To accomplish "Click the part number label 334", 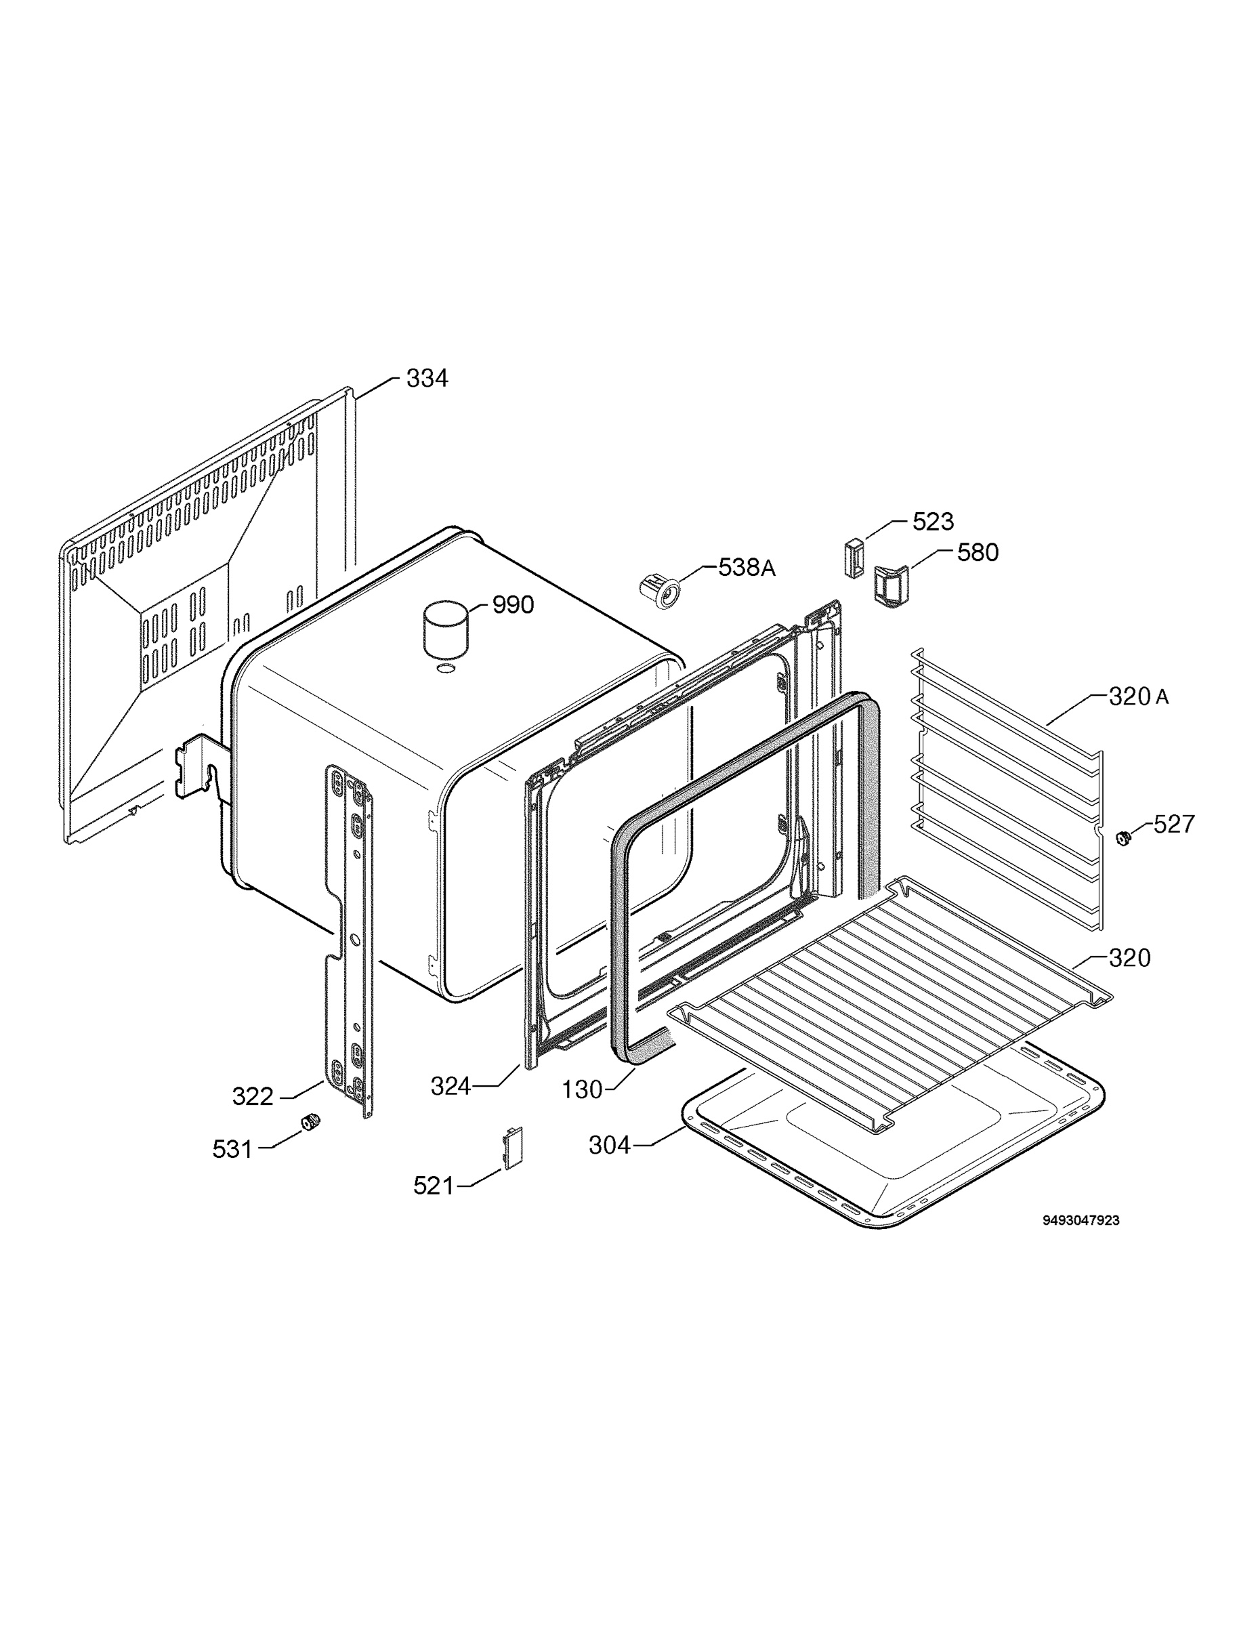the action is click(x=426, y=379).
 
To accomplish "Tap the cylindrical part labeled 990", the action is click(x=446, y=630).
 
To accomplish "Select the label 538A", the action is click(x=746, y=568).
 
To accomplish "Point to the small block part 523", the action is click(x=853, y=559).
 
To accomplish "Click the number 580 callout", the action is click(x=978, y=553).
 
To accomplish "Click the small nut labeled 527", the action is click(x=1123, y=837).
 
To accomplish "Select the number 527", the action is click(x=1174, y=824).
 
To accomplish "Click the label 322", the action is click(x=253, y=1097).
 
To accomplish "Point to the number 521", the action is click(x=434, y=1186).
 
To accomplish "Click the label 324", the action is click(x=451, y=1087).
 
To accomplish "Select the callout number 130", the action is click(x=582, y=1090).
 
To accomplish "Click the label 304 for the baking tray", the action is click(x=610, y=1145).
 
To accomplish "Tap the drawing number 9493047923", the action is click(x=1081, y=1221).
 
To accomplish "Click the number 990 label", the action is click(x=513, y=605).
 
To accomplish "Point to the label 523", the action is click(x=934, y=522).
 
